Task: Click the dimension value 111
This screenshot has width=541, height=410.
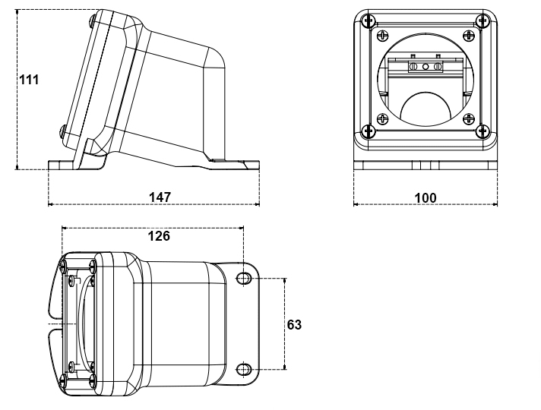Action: click(x=30, y=80)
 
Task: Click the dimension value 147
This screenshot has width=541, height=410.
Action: click(x=159, y=197)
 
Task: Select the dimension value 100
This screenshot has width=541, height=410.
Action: click(x=426, y=197)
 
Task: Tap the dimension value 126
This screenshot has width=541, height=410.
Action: click(x=158, y=235)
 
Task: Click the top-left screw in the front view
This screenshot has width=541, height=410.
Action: click(x=369, y=20)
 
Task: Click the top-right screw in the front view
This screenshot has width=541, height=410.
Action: click(x=480, y=20)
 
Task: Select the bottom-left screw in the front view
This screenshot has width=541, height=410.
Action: click(x=369, y=131)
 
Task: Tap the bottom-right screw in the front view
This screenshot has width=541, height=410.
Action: click(x=480, y=131)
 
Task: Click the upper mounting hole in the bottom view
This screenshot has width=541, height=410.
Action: click(x=243, y=279)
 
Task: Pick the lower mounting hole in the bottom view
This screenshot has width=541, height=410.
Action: click(x=243, y=370)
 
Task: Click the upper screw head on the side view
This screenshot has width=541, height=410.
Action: click(x=93, y=19)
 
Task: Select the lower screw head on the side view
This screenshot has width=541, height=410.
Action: click(x=62, y=131)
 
